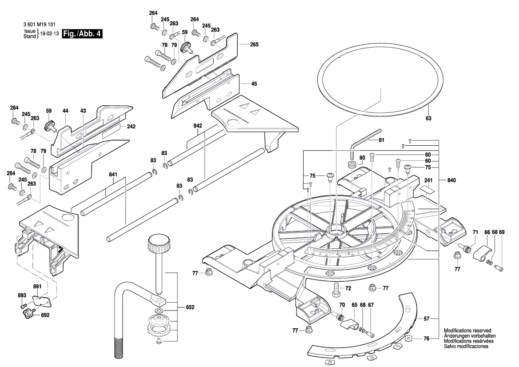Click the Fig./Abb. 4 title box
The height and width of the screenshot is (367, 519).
(x=82, y=34)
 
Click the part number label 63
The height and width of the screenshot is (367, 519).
(x=428, y=119)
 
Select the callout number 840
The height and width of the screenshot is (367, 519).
(x=452, y=180)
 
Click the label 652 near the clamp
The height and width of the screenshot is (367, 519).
(x=190, y=307)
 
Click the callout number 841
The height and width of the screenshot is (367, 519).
(x=113, y=175)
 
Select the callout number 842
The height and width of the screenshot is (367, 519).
(x=198, y=126)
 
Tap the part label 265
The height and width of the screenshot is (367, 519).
(x=254, y=44)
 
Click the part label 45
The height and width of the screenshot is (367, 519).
(x=254, y=84)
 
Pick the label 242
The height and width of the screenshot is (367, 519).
(x=131, y=127)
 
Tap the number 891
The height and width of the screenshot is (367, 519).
(x=37, y=286)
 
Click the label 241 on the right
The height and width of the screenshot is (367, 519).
(x=428, y=180)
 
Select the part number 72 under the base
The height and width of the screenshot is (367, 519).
(x=348, y=288)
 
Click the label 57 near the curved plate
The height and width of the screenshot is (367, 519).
(x=426, y=319)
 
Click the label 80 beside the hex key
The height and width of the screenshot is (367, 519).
(x=362, y=157)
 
